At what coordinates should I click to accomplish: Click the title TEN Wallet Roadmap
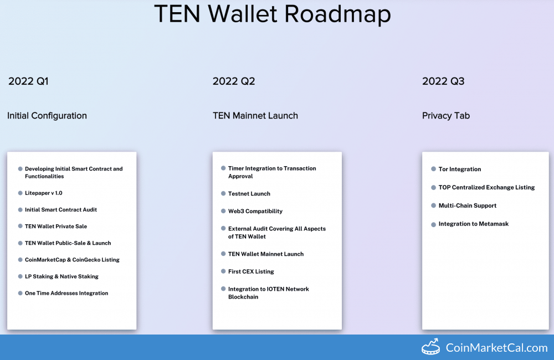tap(273, 14)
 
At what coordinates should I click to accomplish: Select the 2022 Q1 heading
tap(28, 81)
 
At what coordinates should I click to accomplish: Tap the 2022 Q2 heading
tap(234, 81)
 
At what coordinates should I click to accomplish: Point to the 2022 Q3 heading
tap(443, 81)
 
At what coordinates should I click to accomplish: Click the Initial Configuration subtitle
tap(47, 116)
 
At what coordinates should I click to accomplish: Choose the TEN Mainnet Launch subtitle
tap(255, 116)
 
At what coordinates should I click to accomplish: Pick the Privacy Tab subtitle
tap(446, 116)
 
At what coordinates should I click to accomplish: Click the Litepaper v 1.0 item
tap(43, 193)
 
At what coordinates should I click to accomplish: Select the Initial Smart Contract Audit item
tap(61, 209)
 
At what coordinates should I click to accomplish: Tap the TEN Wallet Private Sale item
tap(56, 226)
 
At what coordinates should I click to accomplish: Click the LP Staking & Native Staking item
tap(61, 276)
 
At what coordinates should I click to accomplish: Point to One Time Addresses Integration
tap(66, 293)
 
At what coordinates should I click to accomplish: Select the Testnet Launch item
tap(249, 194)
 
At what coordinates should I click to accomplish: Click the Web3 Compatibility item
tap(255, 211)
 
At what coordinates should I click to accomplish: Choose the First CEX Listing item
tap(251, 271)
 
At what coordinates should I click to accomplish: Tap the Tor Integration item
tap(460, 169)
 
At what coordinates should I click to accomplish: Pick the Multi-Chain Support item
tap(468, 205)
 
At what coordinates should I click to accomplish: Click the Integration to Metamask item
tap(474, 224)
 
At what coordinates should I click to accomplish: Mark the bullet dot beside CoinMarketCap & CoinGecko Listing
tap(20, 260)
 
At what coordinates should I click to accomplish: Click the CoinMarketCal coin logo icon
tap(430, 347)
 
